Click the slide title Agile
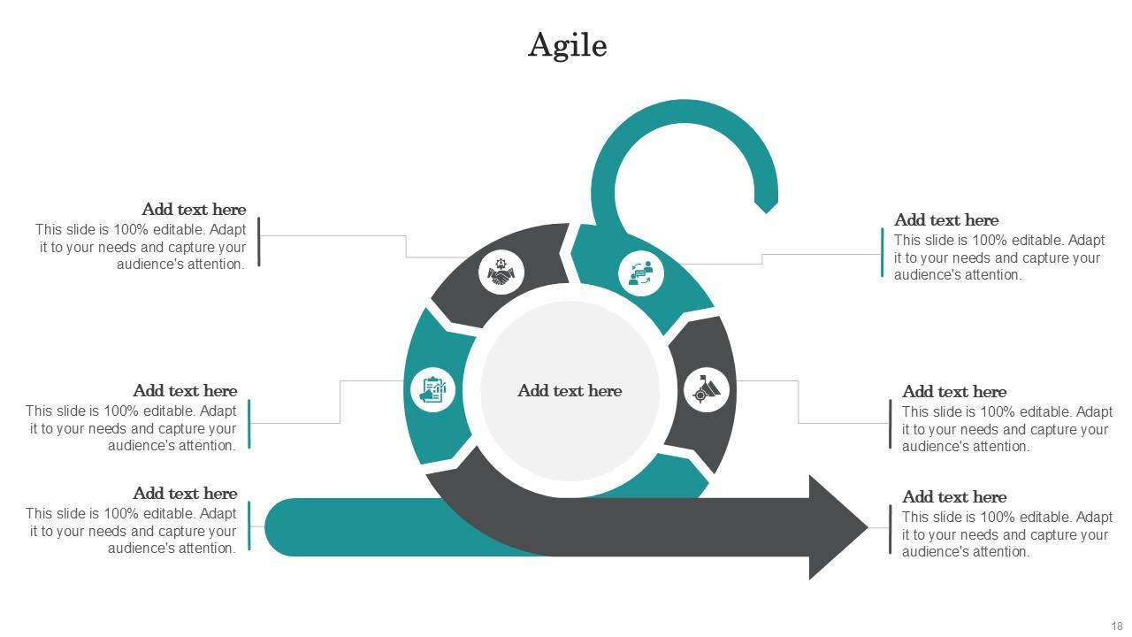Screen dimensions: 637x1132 click(x=567, y=45)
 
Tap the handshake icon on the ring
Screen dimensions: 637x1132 click(x=501, y=272)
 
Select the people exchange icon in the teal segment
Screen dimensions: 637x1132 click(x=640, y=272)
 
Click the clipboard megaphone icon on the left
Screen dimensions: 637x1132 click(x=432, y=389)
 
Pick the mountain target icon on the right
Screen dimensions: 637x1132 click(x=706, y=389)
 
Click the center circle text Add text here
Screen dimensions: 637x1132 click(x=570, y=391)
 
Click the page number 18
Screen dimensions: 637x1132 click(x=1116, y=626)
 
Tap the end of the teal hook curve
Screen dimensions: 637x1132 click(x=766, y=204)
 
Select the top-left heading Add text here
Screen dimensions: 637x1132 click(x=194, y=210)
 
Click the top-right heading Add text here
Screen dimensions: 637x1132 click(x=945, y=220)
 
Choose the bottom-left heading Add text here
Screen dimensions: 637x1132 click(x=185, y=494)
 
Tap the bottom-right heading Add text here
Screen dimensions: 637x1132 click(x=953, y=497)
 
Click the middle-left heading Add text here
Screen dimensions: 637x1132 click(x=185, y=391)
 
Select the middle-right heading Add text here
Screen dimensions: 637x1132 click(x=953, y=392)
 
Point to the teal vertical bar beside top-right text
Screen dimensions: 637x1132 click(x=882, y=252)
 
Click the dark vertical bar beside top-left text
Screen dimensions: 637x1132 click(x=258, y=242)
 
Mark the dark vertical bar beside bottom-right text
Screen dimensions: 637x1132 click(x=890, y=529)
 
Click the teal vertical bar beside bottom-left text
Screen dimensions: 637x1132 click(x=249, y=526)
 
